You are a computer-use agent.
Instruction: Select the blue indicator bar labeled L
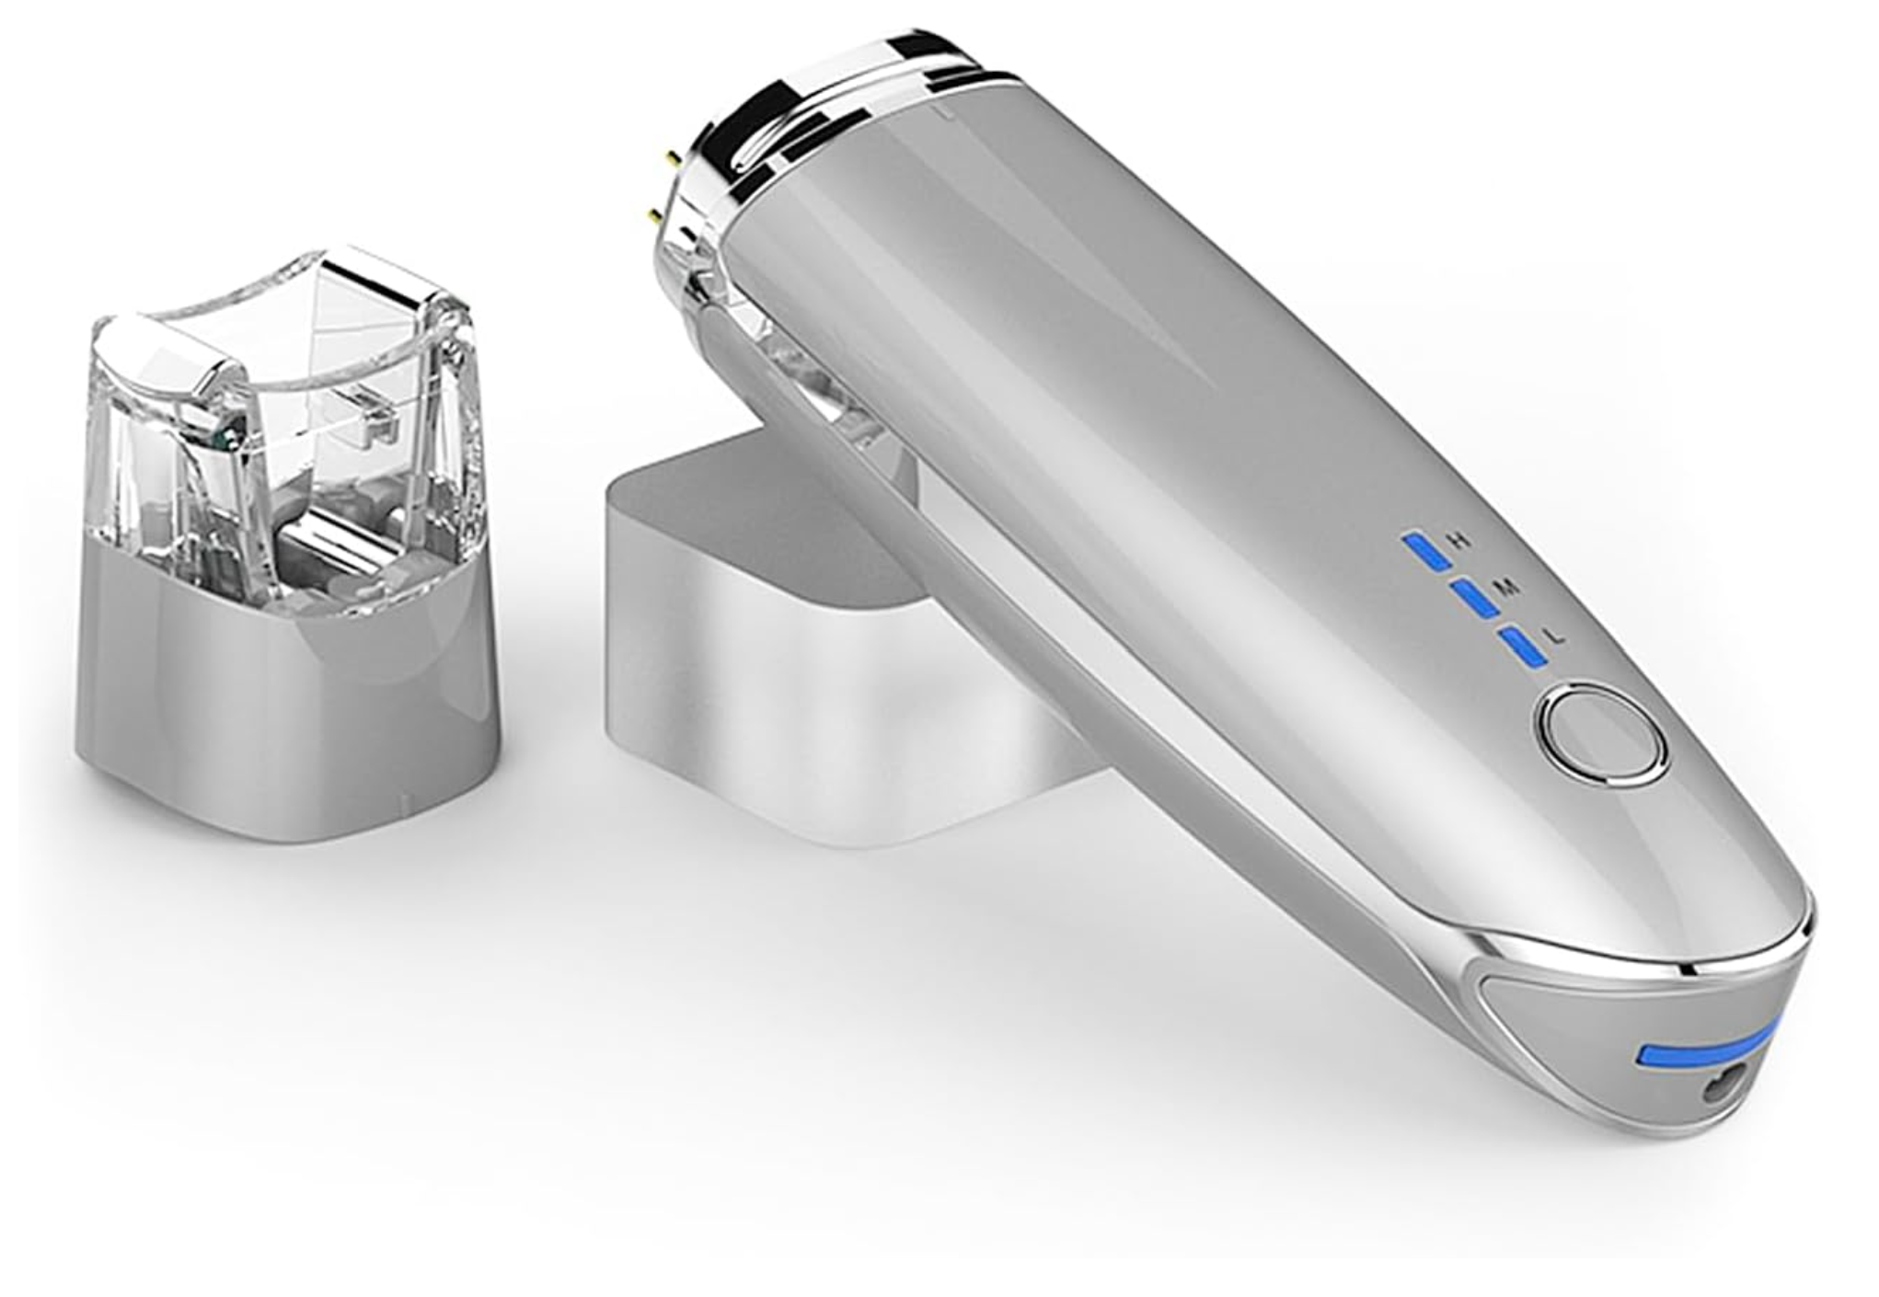coord(1523,647)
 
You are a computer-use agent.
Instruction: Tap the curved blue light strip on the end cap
coord(1704,1050)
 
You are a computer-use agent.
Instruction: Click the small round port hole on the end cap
coord(1717,1089)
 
